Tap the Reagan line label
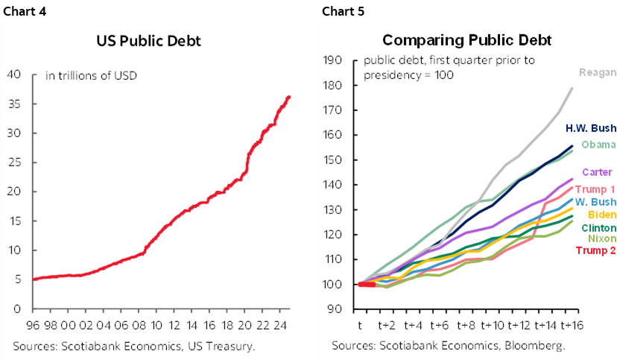click(x=598, y=72)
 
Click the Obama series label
click(x=598, y=145)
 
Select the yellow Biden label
click(x=601, y=215)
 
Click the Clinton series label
click(x=598, y=227)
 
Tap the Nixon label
click(x=601, y=239)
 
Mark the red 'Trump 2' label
click(x=595, y=250)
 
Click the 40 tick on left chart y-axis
click(x=13, y=75)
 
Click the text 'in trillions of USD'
click(x=92, y=75)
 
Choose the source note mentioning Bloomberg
click(x=448, y=346)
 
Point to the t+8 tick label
click(x=466, y=326)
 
